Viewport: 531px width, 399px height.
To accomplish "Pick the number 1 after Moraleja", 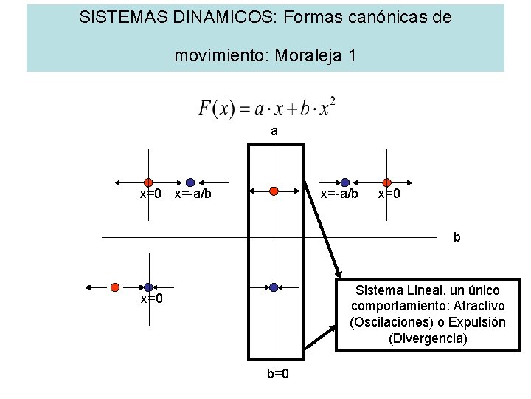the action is coord(352,55).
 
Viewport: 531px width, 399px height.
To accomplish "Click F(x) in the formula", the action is coord(216,108).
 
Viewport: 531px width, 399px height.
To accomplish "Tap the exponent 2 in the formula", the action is coord(333,100).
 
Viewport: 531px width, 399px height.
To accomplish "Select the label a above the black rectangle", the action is coord(274,132).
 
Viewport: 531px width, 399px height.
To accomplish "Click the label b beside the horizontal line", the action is coord(457,238).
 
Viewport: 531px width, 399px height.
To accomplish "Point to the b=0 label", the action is coord(277,373).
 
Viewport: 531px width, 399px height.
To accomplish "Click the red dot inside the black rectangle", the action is coord(274,191).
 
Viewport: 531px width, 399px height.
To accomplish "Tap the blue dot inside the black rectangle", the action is coord(274,287).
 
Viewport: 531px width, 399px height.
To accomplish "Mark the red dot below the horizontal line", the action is coord(115,287).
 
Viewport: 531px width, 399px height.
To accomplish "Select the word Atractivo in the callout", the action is coord(479,306).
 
